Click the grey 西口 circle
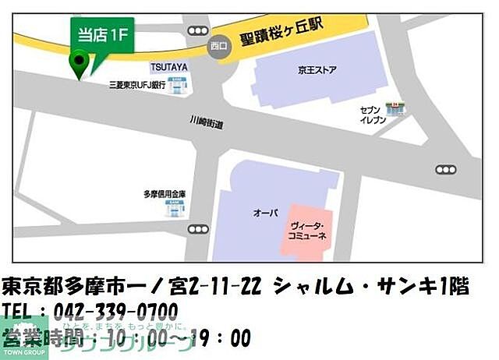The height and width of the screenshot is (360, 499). pos(219,47)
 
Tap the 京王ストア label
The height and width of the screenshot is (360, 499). pos(317,71)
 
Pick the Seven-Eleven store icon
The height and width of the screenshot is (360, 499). pos(398,108)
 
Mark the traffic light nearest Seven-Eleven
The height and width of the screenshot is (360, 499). pos(445,169)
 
